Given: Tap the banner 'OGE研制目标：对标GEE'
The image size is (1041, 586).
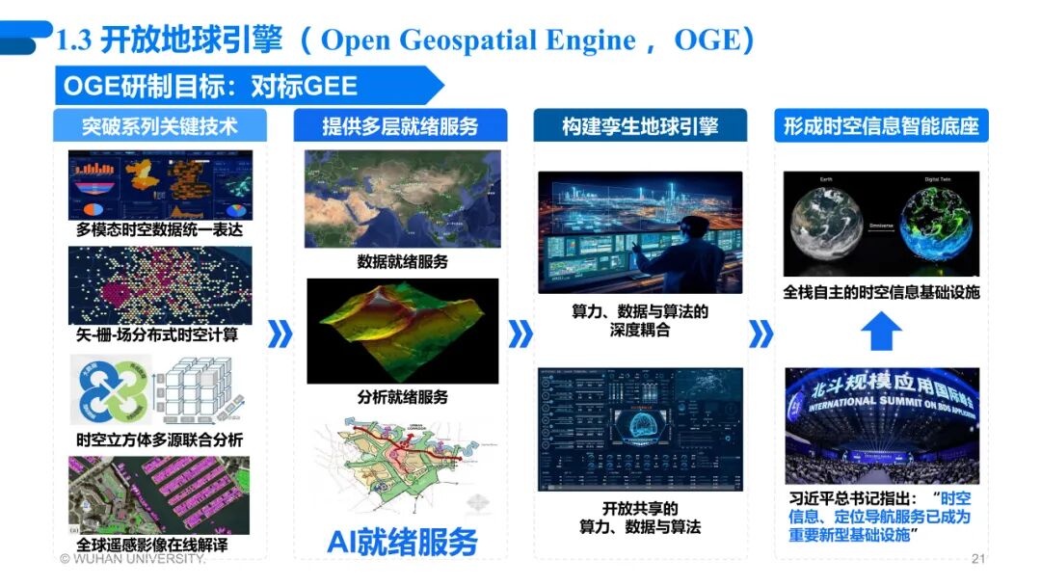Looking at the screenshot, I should [x=210, y=86].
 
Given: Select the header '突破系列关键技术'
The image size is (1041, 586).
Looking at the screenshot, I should [x=159, y=126].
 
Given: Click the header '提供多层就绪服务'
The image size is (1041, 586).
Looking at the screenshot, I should [x=400, y=126].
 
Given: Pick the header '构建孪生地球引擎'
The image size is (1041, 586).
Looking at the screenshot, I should [x=640, y=126].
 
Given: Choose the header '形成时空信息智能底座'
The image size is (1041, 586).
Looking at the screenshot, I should [x=881, y=126].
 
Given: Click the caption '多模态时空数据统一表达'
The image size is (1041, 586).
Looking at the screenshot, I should [x=160, y=231].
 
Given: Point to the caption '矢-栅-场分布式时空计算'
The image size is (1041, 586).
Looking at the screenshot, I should [x=160, y=335].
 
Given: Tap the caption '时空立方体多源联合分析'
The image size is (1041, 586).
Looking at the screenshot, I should [x=160, y=439].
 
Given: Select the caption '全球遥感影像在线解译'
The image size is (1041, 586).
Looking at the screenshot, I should [x=160, y=545].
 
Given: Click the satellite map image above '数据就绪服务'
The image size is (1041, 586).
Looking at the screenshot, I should [x=402, y=200].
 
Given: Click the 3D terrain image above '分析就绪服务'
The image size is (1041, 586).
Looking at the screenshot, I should [x=402, y=331].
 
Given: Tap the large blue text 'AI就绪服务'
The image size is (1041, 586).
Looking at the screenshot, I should [x=402, y=542].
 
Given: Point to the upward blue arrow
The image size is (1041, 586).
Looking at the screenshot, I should [x=881, y=333].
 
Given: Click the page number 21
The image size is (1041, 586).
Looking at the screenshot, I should [x=978, y=559].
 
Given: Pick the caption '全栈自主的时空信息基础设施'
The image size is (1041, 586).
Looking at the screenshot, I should [x=881, y=291].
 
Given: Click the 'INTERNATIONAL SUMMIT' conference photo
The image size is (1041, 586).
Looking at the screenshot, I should [x=881, y=425].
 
